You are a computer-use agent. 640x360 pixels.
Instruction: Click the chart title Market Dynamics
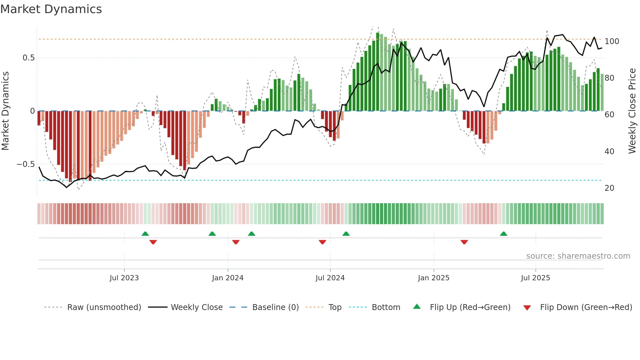(51, 9)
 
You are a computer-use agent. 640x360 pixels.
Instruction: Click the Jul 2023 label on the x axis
(124, 278)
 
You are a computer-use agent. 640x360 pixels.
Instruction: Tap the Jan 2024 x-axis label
(228, 278)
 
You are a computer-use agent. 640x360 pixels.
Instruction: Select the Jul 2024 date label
(330, 278)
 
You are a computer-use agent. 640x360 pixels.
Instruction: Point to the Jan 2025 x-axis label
(434, 278)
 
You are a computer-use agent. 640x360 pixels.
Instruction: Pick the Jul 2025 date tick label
(536, 278)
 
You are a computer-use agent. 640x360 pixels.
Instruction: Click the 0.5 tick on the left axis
(29, 58)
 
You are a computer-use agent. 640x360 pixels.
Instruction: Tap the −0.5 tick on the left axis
(26, 164)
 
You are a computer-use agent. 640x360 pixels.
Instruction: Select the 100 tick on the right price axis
(612, 41)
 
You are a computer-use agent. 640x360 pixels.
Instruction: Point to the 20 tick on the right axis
(609, 188)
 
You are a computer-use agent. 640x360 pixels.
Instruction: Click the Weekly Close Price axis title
(632, 111)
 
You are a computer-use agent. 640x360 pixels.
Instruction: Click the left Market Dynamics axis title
(5, 111)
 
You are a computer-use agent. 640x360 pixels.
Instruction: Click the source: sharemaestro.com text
(578, 256)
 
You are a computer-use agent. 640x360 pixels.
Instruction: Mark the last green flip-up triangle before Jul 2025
(504, 234)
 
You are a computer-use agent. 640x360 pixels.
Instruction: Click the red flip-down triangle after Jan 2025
(464, 242)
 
